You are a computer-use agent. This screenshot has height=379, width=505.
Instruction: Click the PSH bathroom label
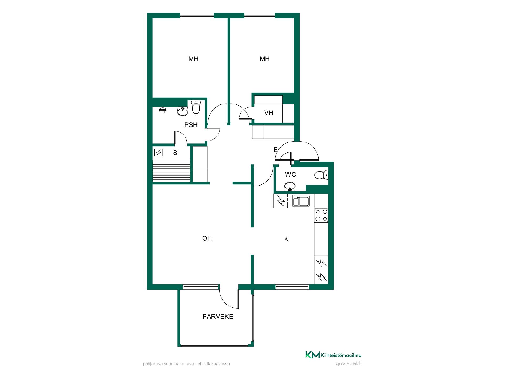[x=191, y=125]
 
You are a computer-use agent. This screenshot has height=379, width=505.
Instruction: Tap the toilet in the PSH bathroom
[x=196, y=107]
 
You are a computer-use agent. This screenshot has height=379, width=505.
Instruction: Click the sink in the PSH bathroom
[x=183, y=111]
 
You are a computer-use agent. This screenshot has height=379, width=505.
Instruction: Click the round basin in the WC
[x=290, y=186]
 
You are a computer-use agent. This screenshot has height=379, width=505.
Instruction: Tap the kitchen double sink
[x=301, y=201]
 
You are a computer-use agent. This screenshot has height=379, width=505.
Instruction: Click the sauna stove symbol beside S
[x=159, y=152]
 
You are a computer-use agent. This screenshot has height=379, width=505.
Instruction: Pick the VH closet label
[x=269, y=113]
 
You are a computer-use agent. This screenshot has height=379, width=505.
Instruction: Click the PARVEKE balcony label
[x=218, y=316]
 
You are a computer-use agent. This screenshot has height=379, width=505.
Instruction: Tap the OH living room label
[x=207, y=238]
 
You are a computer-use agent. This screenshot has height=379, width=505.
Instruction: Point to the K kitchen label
[x=286, y=239]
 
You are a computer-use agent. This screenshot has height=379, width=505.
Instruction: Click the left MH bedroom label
[x=193, y=59]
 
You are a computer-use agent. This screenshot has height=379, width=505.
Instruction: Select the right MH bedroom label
[x=265, y=59]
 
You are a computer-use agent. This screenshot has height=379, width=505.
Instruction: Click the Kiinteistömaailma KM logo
[x=333, y=355]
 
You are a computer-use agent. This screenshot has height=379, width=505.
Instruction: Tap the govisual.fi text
[x=349, y=364]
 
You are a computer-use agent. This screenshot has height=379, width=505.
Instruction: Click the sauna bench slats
[x=171, y=171]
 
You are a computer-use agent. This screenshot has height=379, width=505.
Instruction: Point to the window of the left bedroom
[x=197, y=16]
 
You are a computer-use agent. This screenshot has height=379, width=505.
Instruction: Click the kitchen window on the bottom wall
[x=292, y=287]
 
